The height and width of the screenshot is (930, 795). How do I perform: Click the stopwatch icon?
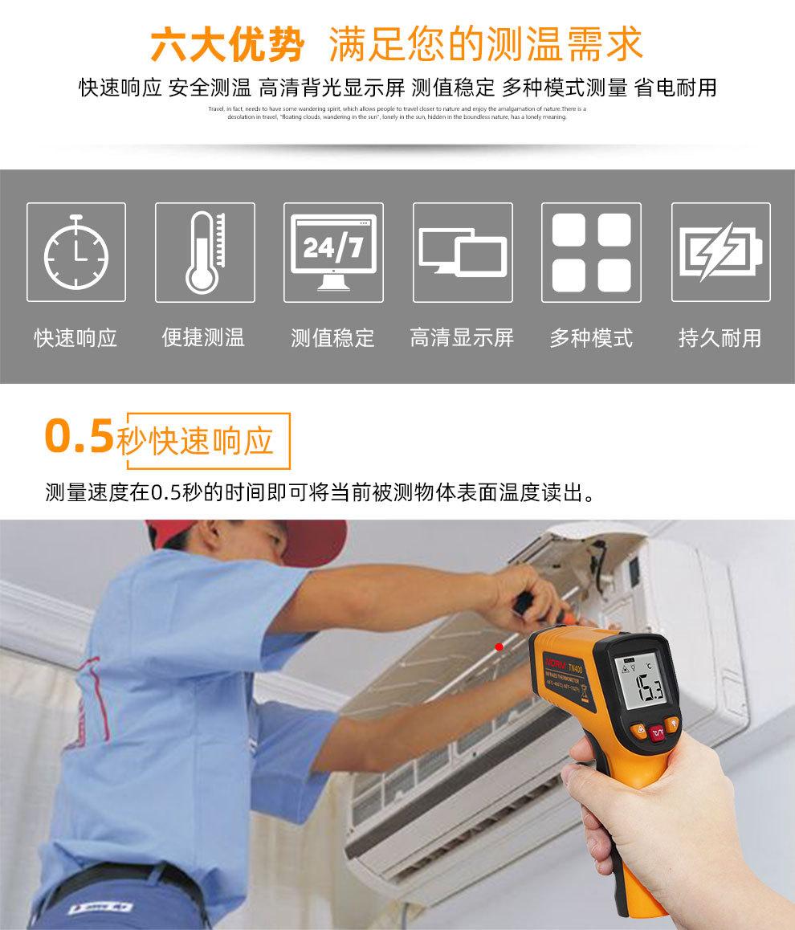point(76,252)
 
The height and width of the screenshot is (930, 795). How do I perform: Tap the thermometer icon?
point(205,252)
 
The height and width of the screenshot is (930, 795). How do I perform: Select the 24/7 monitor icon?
point(333,252)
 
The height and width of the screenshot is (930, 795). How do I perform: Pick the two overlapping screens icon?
point(463,252)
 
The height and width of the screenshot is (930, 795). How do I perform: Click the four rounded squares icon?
point(591,252)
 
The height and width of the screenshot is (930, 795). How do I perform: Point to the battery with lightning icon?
point(720,252)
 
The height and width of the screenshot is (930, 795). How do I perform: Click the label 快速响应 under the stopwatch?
point(76,338)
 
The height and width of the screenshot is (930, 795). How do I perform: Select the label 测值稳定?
point(332,338)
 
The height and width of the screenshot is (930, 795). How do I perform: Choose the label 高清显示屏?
point(462,338)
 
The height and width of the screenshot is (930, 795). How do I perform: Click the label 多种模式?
point(591,338)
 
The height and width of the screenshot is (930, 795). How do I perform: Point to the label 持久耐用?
point(720,338)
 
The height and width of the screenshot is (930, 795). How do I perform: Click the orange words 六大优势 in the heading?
point(228,47)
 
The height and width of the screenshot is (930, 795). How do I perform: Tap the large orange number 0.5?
point(78,436)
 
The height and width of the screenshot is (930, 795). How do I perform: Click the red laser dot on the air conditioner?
point(499,646)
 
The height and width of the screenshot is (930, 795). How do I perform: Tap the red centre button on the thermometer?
point(658,732)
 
